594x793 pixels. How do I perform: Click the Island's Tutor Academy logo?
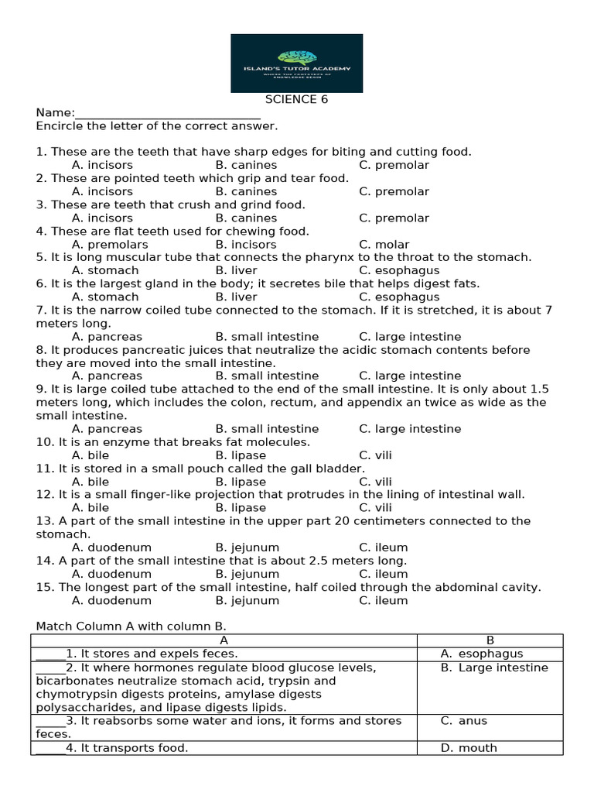tap(297, 63)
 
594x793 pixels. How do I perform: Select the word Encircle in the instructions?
tap(60, 125)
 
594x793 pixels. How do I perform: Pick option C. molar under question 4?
tap(384, 244)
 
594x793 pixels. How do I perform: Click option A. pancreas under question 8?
tap(107, 376)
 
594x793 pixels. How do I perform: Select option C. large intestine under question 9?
tap(410, 428)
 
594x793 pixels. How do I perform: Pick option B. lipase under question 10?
tap(241, 455)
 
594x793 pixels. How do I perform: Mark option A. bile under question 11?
tap(90, 482)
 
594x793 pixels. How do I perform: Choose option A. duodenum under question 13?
tap(111, 548)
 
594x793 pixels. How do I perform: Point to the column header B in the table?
tap(490, 640)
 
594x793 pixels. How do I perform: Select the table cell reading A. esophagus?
tap(482, 654)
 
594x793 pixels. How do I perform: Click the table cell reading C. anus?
tap(464, 720)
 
